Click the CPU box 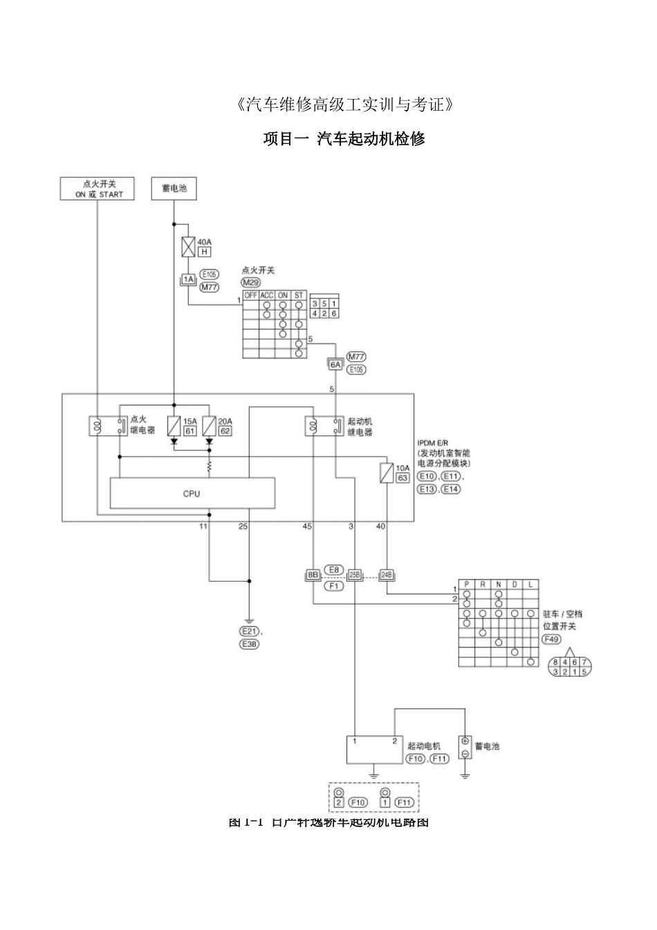[192, 493]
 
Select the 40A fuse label [205, 242]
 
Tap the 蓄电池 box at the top [174, 188]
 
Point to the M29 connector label [250, 283]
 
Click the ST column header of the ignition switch [299, 295]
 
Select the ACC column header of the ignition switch [267, 295]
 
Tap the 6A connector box [335, 364]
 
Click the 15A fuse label [189, 421]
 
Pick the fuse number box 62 [225, 430]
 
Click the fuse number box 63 [402, 477]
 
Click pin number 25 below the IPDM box [243, 527]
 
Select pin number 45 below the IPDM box [307, 527]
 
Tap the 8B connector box [313, 574]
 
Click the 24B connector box [386, 574]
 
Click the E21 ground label [248, 631]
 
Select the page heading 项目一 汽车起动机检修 [344, 138]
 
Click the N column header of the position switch [498, 585]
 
